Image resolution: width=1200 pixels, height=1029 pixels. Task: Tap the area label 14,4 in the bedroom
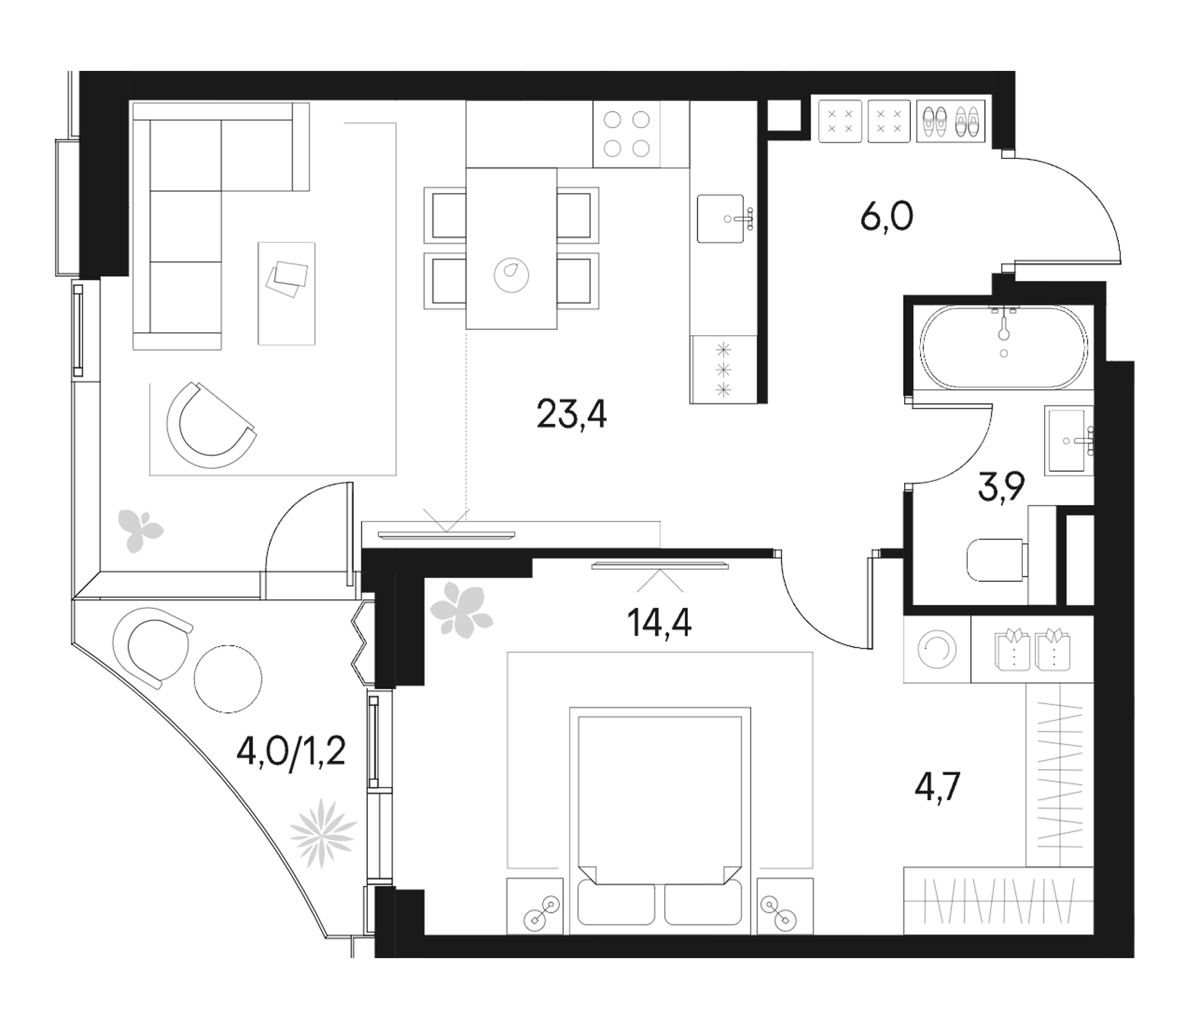659,624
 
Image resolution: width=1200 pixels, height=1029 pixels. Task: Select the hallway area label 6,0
887,218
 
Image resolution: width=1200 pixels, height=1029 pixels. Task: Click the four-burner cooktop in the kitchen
627,134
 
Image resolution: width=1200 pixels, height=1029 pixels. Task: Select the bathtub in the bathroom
1003,346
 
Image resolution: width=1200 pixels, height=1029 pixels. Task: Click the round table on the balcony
227,679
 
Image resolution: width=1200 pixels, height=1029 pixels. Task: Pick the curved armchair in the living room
210,425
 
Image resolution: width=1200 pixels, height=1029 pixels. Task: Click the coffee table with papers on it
286,293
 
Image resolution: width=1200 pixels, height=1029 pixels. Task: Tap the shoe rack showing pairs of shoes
950,122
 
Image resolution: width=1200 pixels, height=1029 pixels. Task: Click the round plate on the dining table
511,274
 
